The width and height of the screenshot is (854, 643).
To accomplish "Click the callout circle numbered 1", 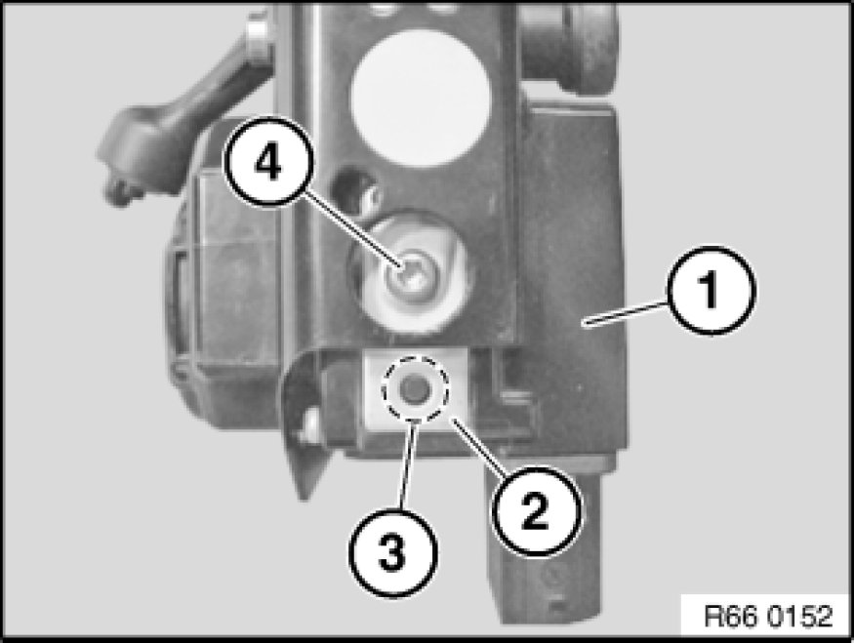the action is (x=711, y=290).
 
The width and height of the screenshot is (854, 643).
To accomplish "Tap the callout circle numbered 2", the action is (x=537, y=511).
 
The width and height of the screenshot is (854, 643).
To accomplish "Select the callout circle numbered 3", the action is (x=392, y=552).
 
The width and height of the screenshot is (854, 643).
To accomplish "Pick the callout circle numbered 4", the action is (x=268, y=163).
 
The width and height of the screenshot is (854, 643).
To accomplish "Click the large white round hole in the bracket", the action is (x=420, y=98).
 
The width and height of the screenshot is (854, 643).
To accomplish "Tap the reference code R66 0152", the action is (x=768, y=617).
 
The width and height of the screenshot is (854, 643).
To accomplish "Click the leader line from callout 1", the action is (x=626, y=313).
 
